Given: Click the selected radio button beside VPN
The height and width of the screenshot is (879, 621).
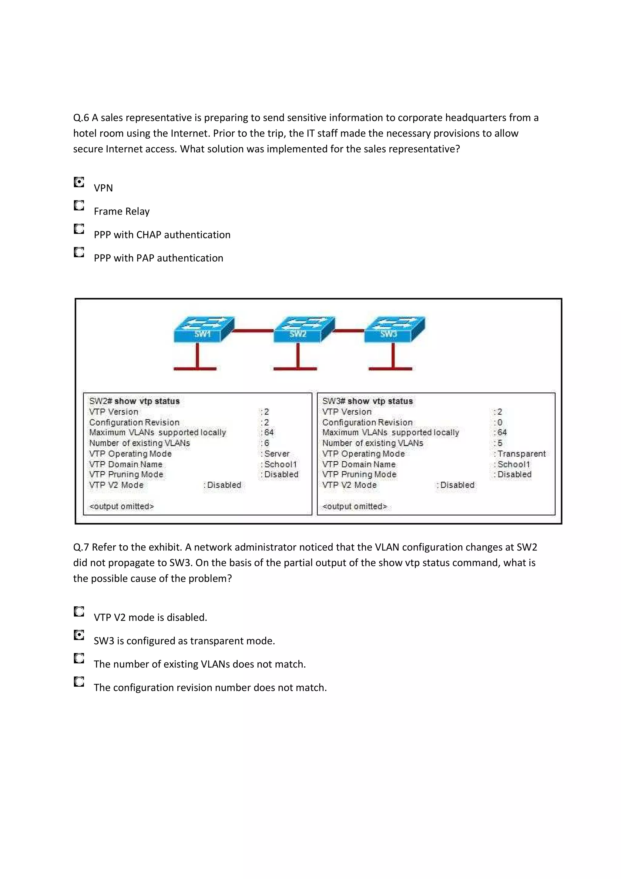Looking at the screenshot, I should [x=79, y=182].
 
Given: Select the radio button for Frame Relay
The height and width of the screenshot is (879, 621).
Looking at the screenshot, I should [x=79, y=206].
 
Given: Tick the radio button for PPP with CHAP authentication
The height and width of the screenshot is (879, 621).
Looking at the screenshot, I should [x=79, y=229].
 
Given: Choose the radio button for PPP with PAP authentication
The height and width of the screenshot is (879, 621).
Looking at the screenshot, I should [x=79, y=252].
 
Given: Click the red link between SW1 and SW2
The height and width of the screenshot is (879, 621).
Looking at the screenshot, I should [x=253, y=330].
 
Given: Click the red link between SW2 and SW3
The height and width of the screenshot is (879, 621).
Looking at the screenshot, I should [x=349, y=330].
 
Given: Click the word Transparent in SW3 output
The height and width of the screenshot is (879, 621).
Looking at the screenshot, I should [x=521, y=454].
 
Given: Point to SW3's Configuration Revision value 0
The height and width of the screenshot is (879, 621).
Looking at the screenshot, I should [x=500, y=422].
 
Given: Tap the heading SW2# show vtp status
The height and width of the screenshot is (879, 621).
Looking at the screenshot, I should [x=134, y=401].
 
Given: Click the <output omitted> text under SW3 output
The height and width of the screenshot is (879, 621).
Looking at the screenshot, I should [x=355, y=506].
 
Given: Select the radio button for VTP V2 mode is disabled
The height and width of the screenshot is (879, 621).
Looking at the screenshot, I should [x=79, y=611].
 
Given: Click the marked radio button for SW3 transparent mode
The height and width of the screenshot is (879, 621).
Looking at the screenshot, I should [x=79, y=635].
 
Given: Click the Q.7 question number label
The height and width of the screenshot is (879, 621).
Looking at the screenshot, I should [x=81, y=547].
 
